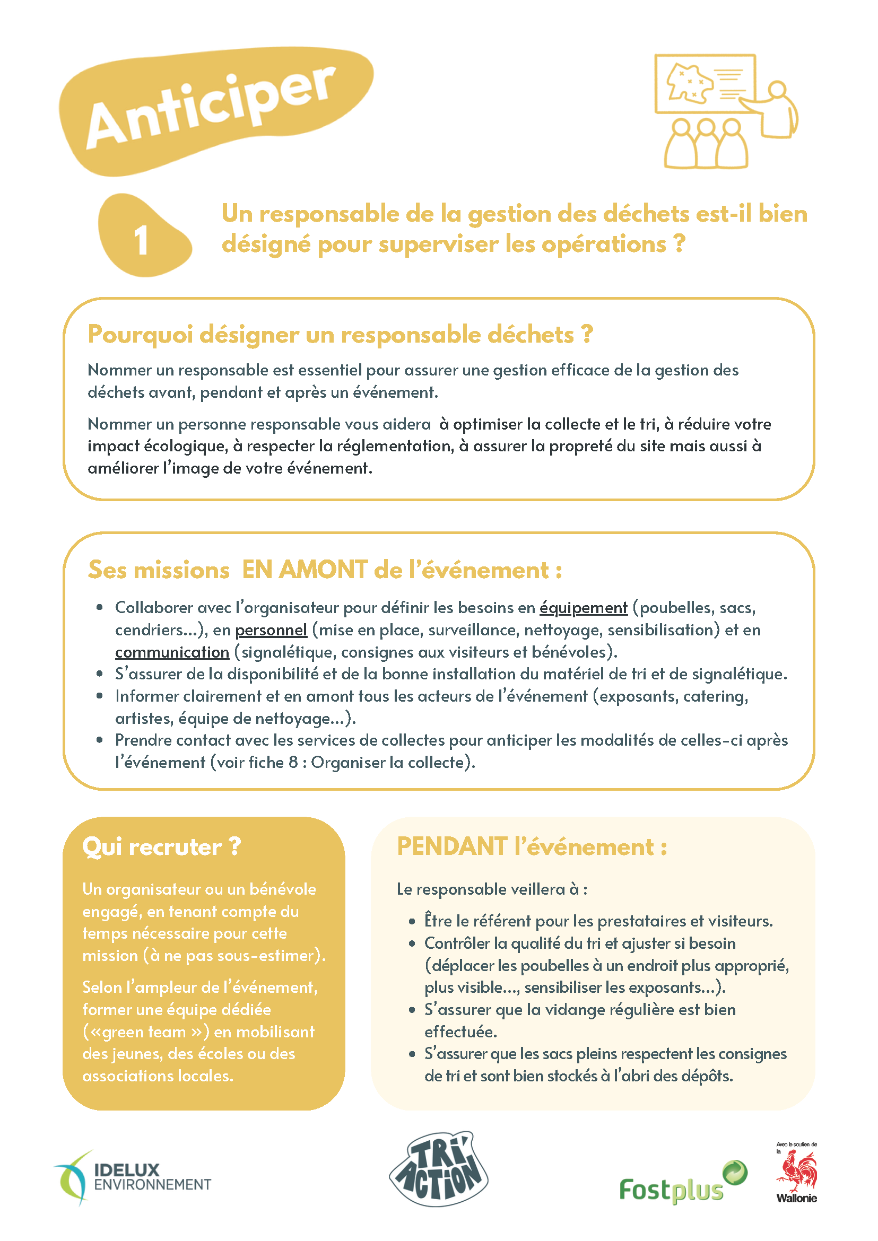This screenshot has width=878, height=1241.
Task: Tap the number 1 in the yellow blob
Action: click(141, 240)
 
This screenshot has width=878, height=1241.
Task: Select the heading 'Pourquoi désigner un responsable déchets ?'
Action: click(340, 335)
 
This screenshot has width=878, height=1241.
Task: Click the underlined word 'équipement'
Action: click(584, 608)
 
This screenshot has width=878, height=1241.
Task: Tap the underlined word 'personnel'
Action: click(271, 630)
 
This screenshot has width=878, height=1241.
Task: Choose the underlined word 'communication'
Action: click(172, 652)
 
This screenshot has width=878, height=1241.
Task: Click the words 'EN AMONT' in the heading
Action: click(305, 570)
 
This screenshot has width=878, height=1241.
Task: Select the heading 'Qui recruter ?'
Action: click(161, 847)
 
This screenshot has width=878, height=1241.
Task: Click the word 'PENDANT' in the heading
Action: click(452, 847)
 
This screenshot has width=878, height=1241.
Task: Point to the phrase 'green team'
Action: click(144, 1032)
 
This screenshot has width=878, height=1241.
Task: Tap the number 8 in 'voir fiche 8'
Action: click(293, 763)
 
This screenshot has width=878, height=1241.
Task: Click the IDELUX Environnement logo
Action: click(133, 1178)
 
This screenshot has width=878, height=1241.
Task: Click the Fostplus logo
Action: click(682, 1184)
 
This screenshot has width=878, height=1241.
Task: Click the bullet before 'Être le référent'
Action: click(412, 921)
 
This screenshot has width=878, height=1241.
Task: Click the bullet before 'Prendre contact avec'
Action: click(100, 740)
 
